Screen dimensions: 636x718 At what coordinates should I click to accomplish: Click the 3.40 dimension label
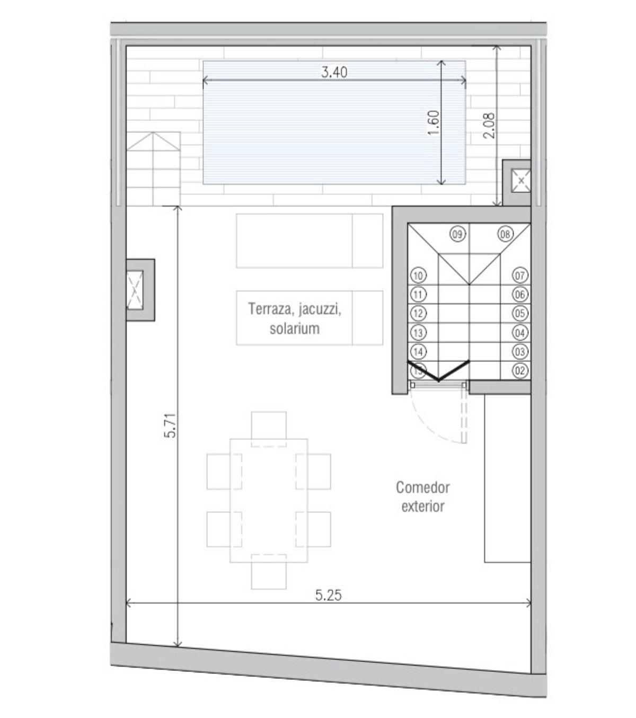coord(334,72)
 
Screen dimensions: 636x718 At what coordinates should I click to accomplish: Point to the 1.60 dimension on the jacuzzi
coord(434,122)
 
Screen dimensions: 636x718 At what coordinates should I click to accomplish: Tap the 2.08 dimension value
coord(489,126)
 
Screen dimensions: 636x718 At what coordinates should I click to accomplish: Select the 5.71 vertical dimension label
coord(171,425)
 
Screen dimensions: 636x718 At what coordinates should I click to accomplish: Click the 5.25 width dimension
coord(328,595)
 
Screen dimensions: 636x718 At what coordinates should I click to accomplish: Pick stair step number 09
coord(457,234)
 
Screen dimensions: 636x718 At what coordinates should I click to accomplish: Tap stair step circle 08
coord(506,234)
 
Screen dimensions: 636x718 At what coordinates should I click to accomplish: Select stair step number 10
coord(418,276)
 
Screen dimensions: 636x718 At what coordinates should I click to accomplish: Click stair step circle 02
coord(520,371)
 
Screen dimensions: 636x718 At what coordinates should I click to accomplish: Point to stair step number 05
coord(520,313)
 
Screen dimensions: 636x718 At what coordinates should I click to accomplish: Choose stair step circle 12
coord(418,313)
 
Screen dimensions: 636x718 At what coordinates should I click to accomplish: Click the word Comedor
coord(422,487)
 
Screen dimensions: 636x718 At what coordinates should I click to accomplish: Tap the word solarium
coord(295,329)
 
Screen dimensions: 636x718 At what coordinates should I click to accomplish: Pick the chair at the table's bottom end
coord(269,576)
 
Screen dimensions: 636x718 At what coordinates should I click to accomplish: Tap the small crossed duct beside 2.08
coord(520,181)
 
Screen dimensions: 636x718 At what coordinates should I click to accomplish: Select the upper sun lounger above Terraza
coord(310,241)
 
